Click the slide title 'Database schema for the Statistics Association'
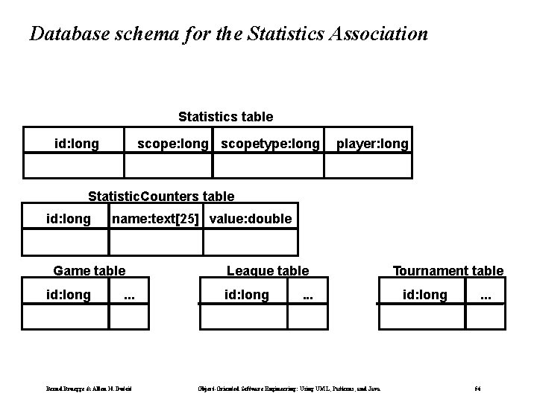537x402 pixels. tap(228, 34)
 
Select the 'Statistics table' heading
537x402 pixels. tap(225, 117)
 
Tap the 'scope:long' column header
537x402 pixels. tap(172, 143)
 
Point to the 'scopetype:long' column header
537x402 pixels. tap(271, 143)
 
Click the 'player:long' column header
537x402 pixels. tap(372, 143)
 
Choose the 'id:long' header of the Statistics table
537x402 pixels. tap(77, 143)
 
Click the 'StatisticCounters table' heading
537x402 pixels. tap(160, 197)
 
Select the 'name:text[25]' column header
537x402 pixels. tap(157, 219)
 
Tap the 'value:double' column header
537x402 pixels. tap(251, 219)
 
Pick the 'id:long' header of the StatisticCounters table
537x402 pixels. tap(69, 219)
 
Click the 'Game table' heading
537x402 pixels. tap(89, 271)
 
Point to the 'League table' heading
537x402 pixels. tap(267, 271)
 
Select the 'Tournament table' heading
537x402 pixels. tap(447, 271)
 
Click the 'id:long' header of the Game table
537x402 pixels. tap(69, 296)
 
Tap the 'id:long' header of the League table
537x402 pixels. tap(247, 296)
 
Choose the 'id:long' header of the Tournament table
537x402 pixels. tap(425, 296)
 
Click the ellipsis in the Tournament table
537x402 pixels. tap(486, 296)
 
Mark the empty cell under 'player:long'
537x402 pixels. tap(368, 165)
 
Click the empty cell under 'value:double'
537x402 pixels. tap(250, 242)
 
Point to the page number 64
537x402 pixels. tap(478, 387)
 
